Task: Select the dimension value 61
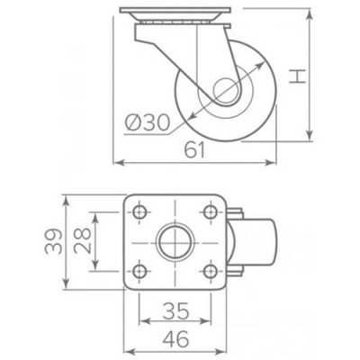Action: [195, 150]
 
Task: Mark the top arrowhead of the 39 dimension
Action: [68, 199]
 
